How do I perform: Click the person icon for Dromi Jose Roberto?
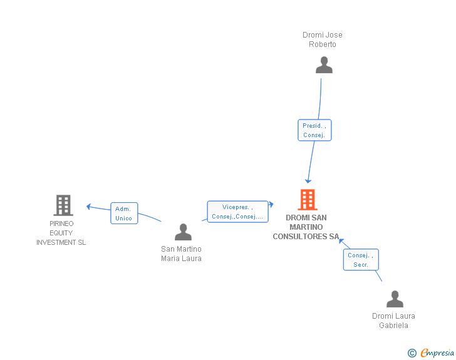(x=324, y=64)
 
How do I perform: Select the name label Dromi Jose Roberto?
(x=323, y=39)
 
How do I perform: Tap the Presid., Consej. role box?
(x=314, y=130)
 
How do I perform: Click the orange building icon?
(x=307, y=200)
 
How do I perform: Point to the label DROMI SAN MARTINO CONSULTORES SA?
(x=306, y=227)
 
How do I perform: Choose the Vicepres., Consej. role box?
(x=237, y=212)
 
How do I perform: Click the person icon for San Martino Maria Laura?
(x=183, y=232)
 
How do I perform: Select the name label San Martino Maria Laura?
(x=181, y=254)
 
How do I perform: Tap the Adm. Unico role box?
(x=124, y=213)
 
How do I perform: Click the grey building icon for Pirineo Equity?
(x=63, y=205)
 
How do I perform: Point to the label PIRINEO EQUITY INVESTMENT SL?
(x=61, y=233)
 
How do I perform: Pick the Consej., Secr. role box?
(x=361, y=260)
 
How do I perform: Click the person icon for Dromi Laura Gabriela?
(x=395, y=299)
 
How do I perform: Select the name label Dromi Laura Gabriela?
(x=393, y=321)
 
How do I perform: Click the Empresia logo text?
(x=437, y=353)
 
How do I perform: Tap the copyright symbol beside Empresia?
(x=412, y=354)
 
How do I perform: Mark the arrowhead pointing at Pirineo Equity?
(x=89, y=207)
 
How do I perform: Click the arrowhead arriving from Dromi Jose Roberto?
(x=308, y=180)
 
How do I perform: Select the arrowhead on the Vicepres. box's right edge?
(x=271, y=204)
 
